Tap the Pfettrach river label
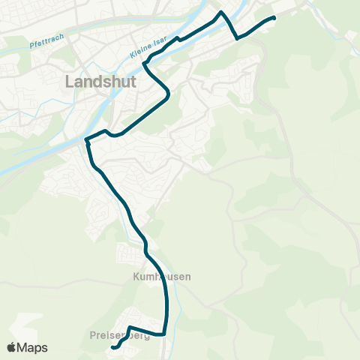coord(48,41)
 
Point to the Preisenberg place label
coord(119,335)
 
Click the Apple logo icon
coord(11,347)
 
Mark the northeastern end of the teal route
coord(274,17)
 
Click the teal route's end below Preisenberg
coord(112,348)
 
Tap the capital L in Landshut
coord(70,81)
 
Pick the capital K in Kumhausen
coord(127,277)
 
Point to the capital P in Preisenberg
coord(91,335)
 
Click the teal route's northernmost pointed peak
coord(220,12)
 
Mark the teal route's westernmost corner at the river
coord(86,139)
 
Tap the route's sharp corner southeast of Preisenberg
coord(163,334)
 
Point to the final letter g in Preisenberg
coord(147,336)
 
